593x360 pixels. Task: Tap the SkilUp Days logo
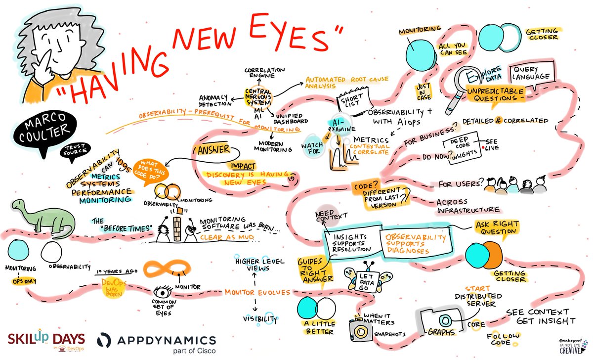[45, 340]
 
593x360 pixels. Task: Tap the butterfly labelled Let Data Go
[366, 277]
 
